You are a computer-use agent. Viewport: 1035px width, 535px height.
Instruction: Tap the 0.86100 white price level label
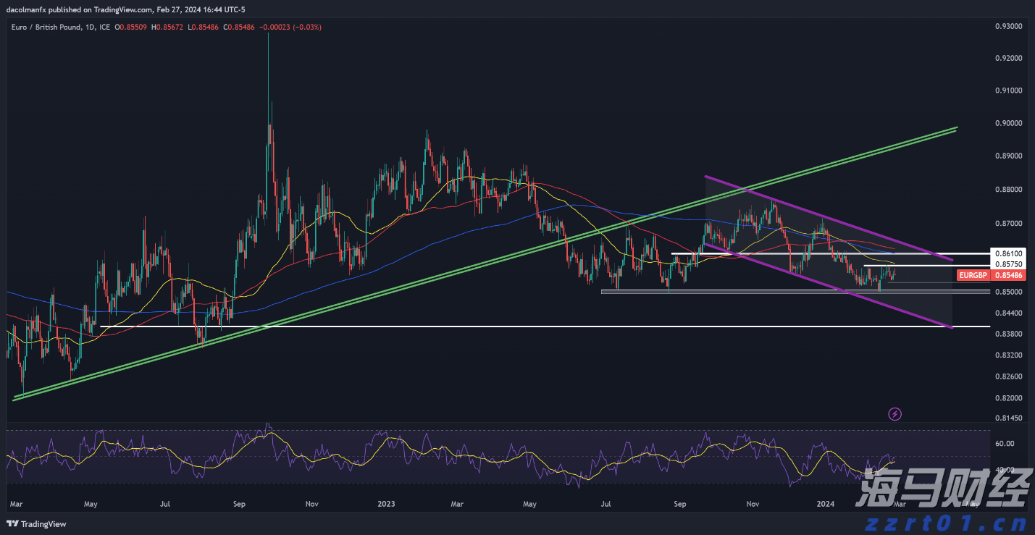point(1008,254)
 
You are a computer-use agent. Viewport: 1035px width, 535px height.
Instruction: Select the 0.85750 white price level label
point(1008,265)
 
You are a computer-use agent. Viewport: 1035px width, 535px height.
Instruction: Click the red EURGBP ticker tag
point(973,276)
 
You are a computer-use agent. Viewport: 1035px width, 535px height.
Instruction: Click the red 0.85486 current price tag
point(1008,276)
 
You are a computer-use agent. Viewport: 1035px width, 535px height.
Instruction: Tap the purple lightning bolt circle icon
point(895,414)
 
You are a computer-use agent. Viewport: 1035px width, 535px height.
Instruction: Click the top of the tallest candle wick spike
point(269,34)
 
